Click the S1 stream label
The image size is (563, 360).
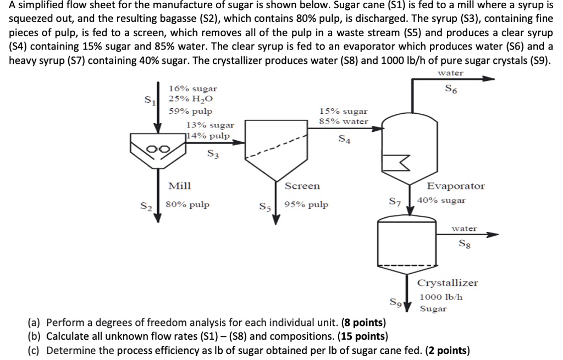pos(148,101)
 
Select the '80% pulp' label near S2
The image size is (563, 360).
pos(187,205)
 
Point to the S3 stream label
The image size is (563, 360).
pos(213,154)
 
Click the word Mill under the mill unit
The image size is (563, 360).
pos(179,186)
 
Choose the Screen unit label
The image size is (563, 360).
pos(302,186)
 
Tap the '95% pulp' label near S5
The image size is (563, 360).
pos(306,205)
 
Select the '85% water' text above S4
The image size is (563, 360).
pos(344,121)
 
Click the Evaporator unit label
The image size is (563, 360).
pos(456,186)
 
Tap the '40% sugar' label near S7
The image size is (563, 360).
pos(441,200)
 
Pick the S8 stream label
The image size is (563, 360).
pos(465,243)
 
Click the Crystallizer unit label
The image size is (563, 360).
pos(448,283)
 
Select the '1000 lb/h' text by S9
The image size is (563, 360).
pos(441,297)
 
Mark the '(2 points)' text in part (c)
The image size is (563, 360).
pos(447,351)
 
